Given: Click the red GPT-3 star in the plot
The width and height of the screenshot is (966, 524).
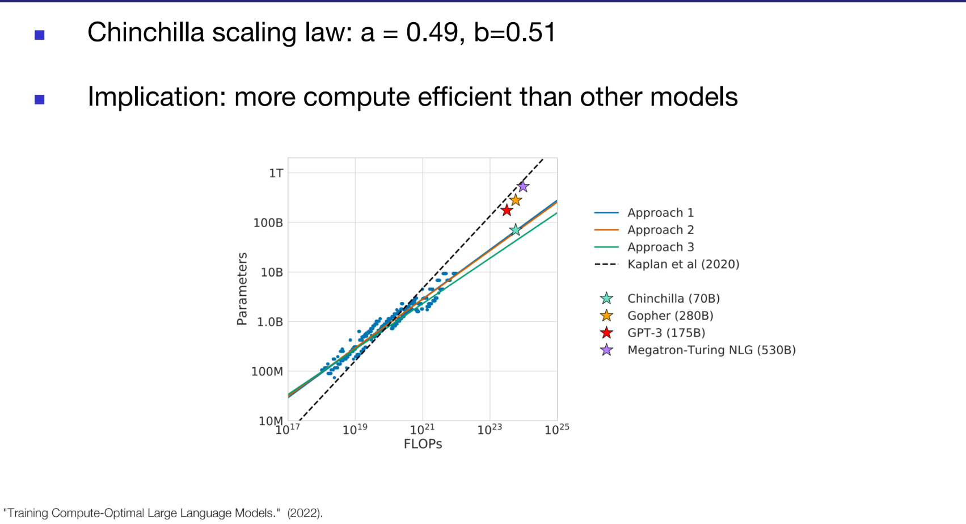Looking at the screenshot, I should coord(507,211).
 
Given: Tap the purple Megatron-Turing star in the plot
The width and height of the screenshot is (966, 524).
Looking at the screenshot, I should coord(523,187).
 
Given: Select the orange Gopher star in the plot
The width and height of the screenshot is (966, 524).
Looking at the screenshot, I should coord(515,200).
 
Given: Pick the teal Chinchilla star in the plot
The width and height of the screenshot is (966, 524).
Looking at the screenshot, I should coord(515,230).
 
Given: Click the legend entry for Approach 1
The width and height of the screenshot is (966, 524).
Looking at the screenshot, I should coord(660,213).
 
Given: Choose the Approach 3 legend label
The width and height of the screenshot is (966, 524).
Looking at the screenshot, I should coord(660,247).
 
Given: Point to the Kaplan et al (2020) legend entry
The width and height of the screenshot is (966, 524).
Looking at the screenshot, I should coord(683,264).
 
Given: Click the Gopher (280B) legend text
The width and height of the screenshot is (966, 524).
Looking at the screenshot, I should coord(670,316).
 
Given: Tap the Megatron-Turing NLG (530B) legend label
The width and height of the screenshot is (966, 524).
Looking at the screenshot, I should coord(711,350).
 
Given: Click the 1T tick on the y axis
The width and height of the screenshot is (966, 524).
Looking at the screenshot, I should coord(276,173).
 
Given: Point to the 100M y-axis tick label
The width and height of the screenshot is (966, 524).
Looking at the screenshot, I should coord(267,372).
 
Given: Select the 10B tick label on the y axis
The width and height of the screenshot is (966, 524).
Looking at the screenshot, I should coord(272,273).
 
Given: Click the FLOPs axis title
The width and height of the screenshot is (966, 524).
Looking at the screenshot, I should coord(423,444).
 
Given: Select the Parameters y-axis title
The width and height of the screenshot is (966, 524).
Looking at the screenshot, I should coord(242,289).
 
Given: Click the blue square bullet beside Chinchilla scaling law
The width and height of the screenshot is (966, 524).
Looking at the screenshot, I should coord(40,35).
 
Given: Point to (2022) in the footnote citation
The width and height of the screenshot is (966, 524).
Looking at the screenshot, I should coord(305,513).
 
